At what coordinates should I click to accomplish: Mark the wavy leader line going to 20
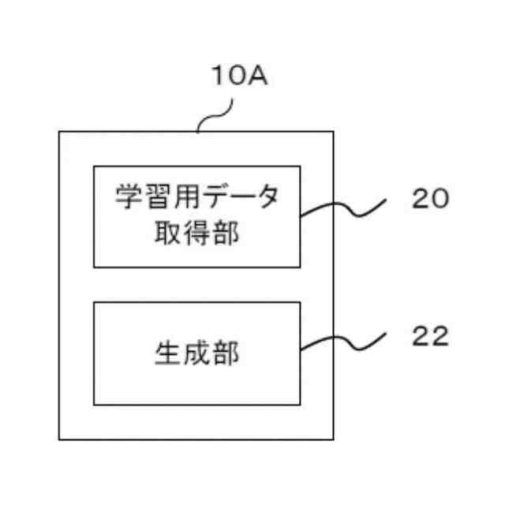pos(343,207)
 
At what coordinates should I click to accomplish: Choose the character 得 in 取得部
pos(197,234)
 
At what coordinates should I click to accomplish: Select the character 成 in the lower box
pos(196,354)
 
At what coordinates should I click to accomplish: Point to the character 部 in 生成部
pos(226,354)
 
